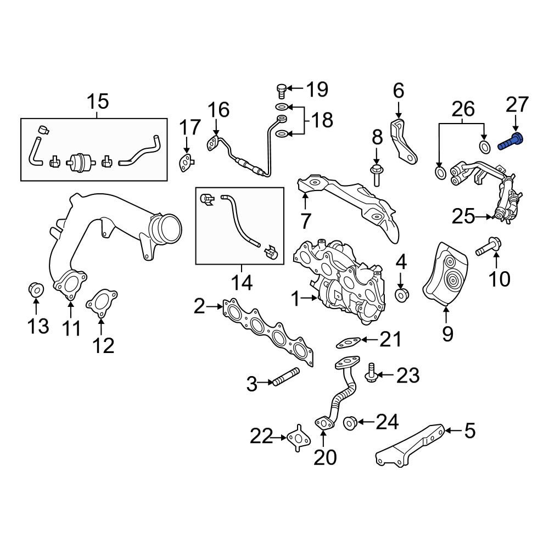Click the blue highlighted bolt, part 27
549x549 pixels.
click(x=511, y=141)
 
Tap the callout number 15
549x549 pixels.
click(x=98, y=102)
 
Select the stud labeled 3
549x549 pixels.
click(x=285, y=377)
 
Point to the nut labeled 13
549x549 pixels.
click(x=36, y=288)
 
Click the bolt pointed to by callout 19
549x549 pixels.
click(x=282, y=91)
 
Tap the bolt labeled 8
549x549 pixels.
click(x=376, y=176)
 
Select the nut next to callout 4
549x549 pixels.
click(x=402, y=294)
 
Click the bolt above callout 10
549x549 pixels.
click(x=489, y=247)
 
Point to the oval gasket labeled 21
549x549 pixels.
click(x=348, y=343)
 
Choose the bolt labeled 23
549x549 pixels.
click(x=371, y=373)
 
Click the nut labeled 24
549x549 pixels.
click(x=350, y=423)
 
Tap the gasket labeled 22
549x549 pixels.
click(x=299, y=438)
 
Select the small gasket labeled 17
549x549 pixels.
click(x=186, y=163)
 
